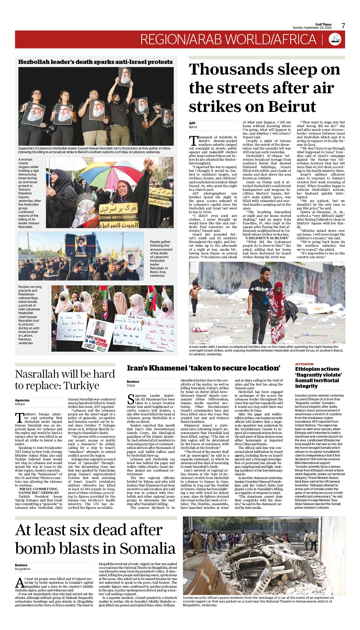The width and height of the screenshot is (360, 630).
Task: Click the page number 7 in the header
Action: (x=343, y=26)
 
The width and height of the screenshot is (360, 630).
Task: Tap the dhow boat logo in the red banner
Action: (x=335, y=39)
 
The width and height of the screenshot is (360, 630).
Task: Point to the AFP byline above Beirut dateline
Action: (x=192, y=123)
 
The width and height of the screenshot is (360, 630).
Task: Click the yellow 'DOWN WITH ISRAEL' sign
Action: (x=118, y=217)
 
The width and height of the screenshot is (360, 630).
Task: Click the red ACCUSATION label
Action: (x=304, y=364)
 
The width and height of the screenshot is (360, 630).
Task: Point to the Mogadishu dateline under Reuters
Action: (x=23, y=569)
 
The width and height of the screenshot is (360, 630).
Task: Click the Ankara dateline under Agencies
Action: (x=20, y=404)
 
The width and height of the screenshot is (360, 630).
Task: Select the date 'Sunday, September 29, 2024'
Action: (x=312, y=28)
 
